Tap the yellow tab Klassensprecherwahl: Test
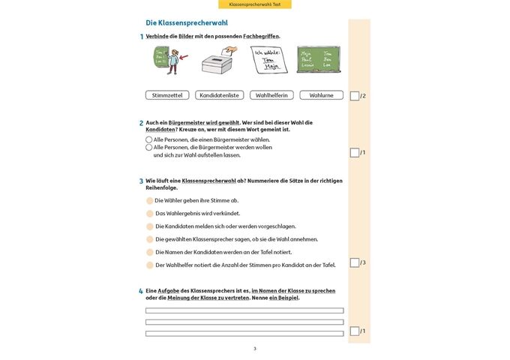point(254,4)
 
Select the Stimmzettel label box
point(166,95)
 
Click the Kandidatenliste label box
point(220,95)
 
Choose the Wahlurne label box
point(321,95)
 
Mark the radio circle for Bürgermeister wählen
point(148,139)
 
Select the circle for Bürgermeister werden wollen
point(148,148)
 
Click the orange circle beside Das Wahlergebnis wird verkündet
point(149,214)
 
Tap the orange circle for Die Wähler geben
point(149,201)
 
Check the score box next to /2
point(355,96)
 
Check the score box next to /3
point(355,262)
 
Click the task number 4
point(141,291)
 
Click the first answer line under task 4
point(244,310)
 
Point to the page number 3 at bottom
point(254,349)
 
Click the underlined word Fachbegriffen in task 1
point(261,36)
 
